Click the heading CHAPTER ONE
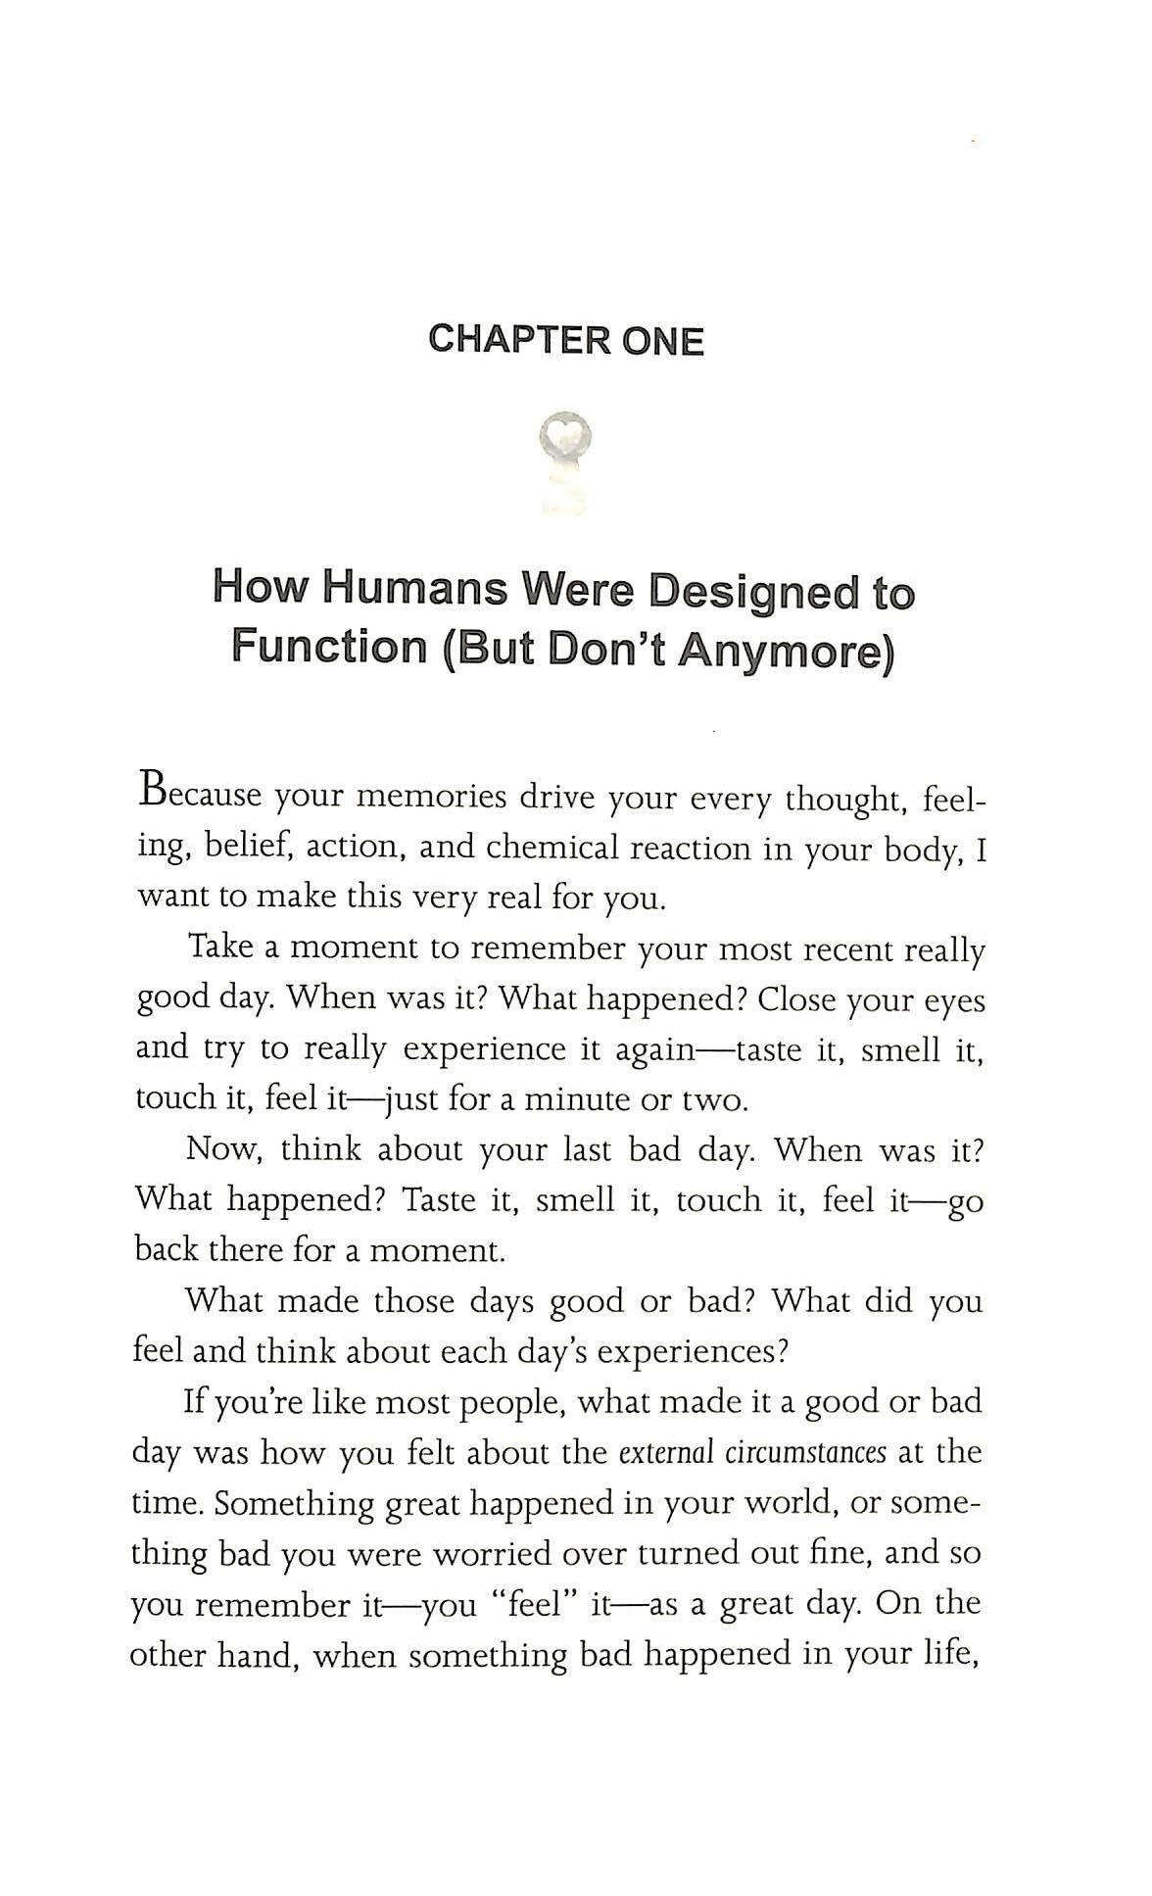566,340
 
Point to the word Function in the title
328,648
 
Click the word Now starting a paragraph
223,1149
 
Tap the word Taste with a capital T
439,1199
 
